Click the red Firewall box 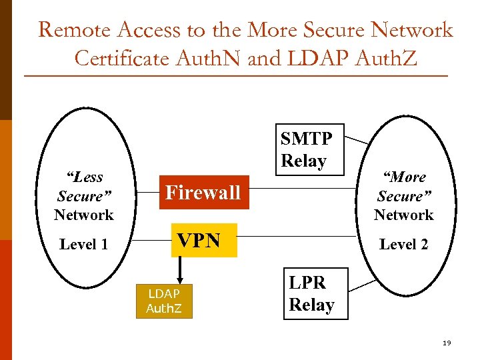(x=203, y=193)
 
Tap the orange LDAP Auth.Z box (x=164, y=301)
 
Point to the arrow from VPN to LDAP (x=180, y=269)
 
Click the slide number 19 (x=447, y=343)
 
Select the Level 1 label (x=83, y=245)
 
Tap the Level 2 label (x=403, y=245)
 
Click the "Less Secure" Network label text (x=83, y=196)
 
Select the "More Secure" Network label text (x=403, y=196)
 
